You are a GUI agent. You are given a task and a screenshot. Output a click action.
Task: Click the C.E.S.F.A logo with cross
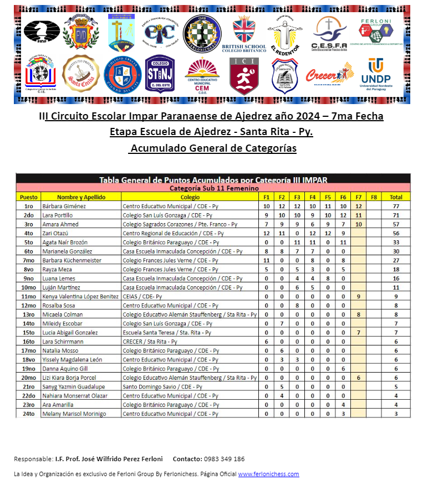[329, 32]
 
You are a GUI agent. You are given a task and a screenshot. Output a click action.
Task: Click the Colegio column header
[190, 197]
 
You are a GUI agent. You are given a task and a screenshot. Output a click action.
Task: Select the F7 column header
[358, 197]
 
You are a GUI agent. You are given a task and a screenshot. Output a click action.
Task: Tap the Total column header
[396, 197]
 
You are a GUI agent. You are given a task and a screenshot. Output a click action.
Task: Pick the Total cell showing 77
[396, 207]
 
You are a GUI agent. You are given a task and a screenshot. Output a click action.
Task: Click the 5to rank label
[29, 242]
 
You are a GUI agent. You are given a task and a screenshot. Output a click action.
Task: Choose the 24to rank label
[29, 414]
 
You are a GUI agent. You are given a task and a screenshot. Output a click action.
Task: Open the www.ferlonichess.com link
[268, 474]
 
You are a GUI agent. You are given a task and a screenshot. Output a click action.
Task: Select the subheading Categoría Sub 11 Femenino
[213, 188]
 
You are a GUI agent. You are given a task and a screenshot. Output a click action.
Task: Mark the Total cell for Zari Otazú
[396, 234]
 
